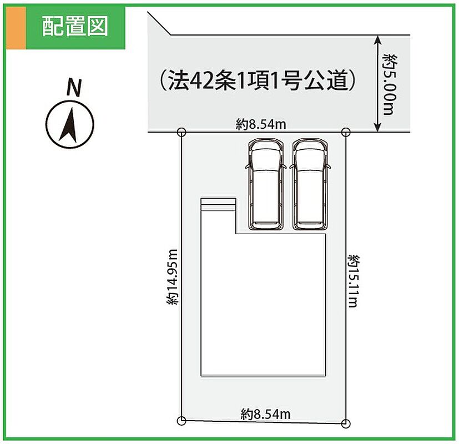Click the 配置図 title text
click(75, 26)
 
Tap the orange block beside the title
click(16, 28)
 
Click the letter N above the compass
click(73, 88)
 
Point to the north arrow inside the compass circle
click(69, 125)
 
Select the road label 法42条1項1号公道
click(258, 80)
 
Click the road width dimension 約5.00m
click(391, 84)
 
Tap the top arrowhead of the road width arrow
click(377, 39)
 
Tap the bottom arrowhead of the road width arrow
click(377, 127)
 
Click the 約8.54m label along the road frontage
click(260, 124)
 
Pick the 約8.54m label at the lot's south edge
click(265, 414)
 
